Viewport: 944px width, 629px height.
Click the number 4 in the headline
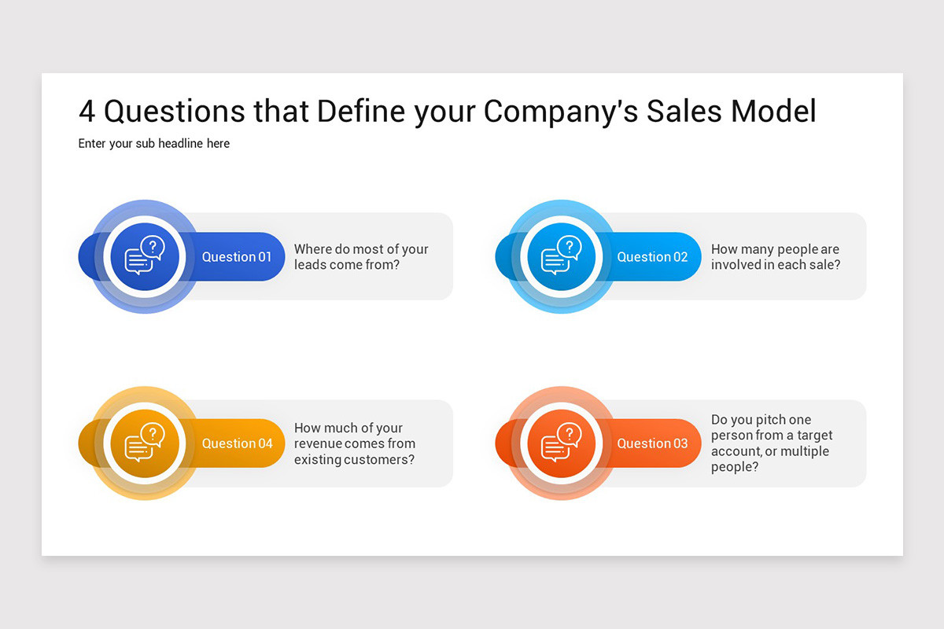87,112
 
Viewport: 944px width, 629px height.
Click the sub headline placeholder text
154,144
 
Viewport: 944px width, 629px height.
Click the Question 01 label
236,257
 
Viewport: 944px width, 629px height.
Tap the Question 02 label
652,257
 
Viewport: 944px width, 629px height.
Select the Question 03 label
652,443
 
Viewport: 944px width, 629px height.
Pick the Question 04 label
237,443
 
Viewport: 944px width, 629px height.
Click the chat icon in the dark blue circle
145,256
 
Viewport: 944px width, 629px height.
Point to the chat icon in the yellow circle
145,443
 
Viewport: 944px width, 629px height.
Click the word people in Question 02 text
796,249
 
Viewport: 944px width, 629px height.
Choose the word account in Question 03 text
736,451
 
